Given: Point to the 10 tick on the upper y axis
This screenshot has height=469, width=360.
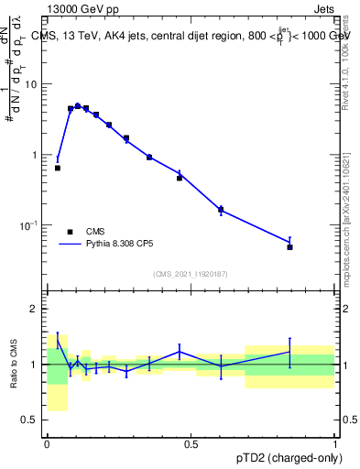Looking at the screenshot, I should pos(35,84).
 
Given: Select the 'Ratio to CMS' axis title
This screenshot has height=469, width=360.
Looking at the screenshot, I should pos(13,365).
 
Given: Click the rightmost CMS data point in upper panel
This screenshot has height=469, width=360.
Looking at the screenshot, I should pos(289,246).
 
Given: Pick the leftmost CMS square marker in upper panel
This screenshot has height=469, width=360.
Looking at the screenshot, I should pos(58,168).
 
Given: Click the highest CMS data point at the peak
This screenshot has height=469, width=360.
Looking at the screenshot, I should pos(78,106).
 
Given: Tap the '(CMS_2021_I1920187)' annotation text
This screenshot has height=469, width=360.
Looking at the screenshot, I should pos(191,274).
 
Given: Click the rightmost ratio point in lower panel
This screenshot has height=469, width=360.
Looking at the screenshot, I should pos(289,352).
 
